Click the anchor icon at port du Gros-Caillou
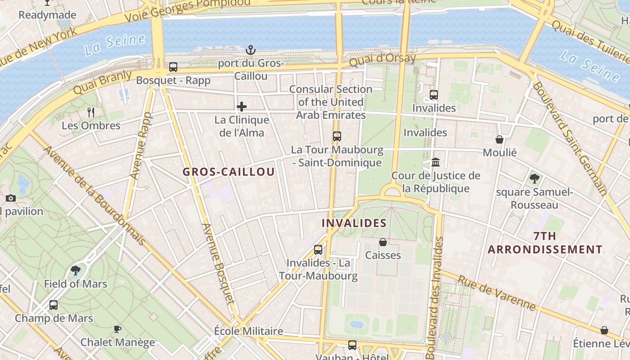[x=250, y=49]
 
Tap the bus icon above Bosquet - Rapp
[x=173, y=67]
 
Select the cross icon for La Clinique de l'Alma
[x=242, y=107]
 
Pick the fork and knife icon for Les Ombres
[x=91, y=112]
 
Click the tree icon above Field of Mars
[x=76, y=270]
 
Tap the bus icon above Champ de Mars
[x=54, y=305]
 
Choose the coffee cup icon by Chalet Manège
[x=117, y=329]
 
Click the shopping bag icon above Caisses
[x=383, y=242]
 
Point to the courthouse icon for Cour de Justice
[x=436, y=162]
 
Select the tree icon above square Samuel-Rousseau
[x=534, y=179]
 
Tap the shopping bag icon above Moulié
[x=499, y=139]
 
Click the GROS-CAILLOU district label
[x=229, y=172]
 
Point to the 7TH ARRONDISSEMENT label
[x=545, y=243]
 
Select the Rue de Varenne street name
[x=497, y=293]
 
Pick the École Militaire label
[x=248, y=331]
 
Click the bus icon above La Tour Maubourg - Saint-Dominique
[x=337, y=136]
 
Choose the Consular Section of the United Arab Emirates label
[x=331, y=102]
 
